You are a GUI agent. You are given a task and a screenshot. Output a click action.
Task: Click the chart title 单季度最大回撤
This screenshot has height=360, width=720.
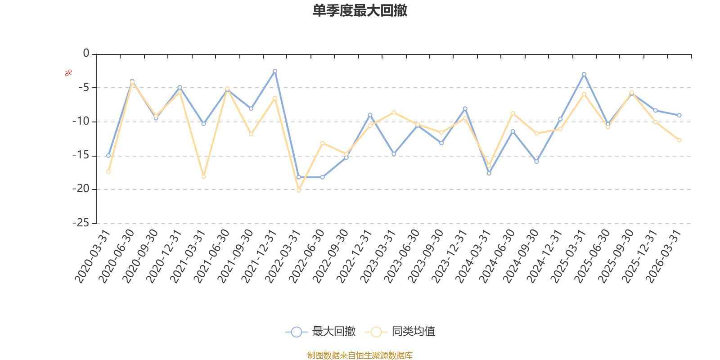pyautogui.click(x=360, y=10)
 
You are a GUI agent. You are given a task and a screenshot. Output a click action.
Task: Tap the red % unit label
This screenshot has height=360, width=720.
pyautogui.click(x=68, y=73)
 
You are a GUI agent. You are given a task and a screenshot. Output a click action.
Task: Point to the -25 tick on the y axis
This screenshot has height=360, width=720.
pyautogui.click(x=81, y=222)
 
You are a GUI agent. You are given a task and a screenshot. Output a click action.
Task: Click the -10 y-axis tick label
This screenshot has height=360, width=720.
pyautogui.click(x=81, y=121)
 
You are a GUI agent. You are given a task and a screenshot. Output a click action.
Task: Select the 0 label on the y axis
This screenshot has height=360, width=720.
pyautogui.click(x=86, y=53)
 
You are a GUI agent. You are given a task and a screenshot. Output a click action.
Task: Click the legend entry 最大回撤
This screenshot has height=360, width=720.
pyautogui.click(x=320, y=331)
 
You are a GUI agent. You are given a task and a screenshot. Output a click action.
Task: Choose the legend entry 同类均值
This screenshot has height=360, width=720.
pyautogui.click(x=400, y=331)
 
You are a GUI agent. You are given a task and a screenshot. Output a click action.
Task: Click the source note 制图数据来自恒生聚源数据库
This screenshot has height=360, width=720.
pyautogui.click(x=360, y=355)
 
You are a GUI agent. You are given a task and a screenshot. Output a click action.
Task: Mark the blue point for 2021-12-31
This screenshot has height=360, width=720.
pyautogui.click(x=275, y=72)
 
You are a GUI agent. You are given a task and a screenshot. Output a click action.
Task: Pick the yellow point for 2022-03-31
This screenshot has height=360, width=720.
pyautogui.click(x=299, y=190)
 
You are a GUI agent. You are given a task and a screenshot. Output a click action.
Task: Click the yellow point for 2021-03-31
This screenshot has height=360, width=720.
pyautogui.click(x=203, y=176)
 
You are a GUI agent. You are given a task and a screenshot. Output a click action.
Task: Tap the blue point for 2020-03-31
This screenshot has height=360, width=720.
pyautogui.click(x=108, y=156)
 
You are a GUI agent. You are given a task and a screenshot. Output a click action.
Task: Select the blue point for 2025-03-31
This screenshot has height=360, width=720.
pyautogui.click(x=584, y=74)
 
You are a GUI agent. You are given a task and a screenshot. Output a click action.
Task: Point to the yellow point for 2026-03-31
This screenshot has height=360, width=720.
pyautogui.click(x=679, y=140)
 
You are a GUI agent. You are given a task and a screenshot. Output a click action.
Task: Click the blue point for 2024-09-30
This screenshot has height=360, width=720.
pyautogui.click(x=536, y=162)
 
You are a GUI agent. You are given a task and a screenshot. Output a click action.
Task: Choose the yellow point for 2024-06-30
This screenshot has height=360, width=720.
pyautogui.click(x=513, y=113)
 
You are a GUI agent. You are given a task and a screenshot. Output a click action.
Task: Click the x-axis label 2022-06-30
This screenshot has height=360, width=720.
pyautogui.click(x=306, y=256)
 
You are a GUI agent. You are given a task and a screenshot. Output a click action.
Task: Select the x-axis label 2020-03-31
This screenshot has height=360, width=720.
pyautogui.click(x=92, y=256)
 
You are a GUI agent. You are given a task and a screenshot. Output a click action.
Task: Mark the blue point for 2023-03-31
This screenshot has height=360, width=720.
pyautogui.click(x=394, y=154)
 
